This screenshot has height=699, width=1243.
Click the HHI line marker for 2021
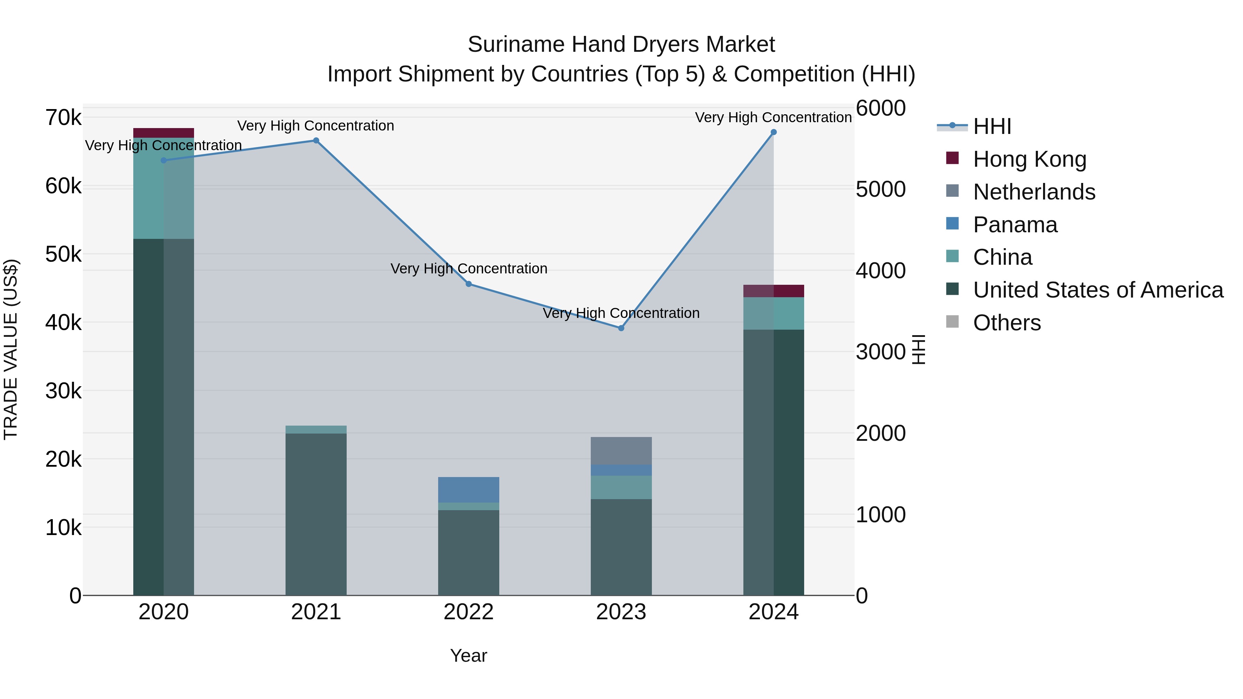click(316, 141)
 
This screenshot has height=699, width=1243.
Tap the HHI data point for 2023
click(621, 328)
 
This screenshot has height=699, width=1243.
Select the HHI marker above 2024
click(773, 132)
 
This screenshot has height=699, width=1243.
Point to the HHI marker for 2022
click(469, 284)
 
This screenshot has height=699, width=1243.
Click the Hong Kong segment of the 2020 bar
click(164, 133)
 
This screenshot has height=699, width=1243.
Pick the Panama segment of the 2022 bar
click(469, 489)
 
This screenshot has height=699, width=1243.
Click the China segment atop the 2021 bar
click(316, 429)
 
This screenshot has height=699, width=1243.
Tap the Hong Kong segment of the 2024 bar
click(773, 291)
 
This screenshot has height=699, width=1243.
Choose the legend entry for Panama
click(1015, 225)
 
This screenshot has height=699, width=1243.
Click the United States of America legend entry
click(1098, 290)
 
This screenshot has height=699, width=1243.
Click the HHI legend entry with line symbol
click(992, 126)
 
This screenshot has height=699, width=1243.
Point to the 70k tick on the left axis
click(63, 118)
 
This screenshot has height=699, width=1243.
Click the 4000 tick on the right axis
click(880, 271)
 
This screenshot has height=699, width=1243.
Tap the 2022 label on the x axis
click(469, 612)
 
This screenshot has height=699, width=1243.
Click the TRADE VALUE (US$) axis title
click(11, 349)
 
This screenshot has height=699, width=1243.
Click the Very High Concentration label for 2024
click(773, 117)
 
